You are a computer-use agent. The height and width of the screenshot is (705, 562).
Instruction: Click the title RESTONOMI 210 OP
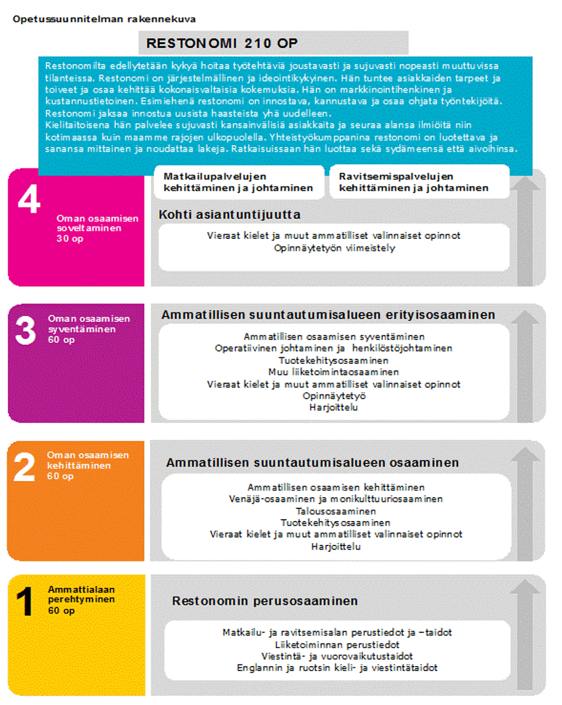(222, 44)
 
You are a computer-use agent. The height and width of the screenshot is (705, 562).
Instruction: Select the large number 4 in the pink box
(29, 199)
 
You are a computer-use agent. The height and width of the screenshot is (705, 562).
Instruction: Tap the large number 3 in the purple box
(25, 331)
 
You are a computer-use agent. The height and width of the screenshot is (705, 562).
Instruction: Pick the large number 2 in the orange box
(24, 468)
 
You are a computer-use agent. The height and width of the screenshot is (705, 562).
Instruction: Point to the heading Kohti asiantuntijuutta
(229, 214)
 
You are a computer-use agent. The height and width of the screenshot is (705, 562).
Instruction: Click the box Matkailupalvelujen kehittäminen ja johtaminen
(238, 182)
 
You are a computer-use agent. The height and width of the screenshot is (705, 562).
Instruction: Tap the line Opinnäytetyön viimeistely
(334, 248)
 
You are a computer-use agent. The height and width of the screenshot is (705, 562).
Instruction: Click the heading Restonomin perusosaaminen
(265, 601)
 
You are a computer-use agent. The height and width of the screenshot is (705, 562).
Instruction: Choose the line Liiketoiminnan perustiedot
(337, 645)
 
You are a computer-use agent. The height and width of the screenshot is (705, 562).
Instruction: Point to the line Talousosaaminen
(336, 511)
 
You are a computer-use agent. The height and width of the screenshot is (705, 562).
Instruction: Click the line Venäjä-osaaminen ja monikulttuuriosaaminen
(336, 499)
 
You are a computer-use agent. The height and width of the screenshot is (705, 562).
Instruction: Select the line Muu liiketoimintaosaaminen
(333, 372)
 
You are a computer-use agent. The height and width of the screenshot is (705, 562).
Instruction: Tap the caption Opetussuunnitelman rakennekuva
(104, 19)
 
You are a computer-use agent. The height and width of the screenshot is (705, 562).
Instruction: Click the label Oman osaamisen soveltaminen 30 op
(97, 228)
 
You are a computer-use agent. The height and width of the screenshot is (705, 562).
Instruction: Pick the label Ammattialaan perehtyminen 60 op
(81, 600)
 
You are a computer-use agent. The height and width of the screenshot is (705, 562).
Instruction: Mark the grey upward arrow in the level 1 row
(525, 633)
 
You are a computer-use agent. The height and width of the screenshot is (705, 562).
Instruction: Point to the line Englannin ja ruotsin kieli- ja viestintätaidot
(337, 667)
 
